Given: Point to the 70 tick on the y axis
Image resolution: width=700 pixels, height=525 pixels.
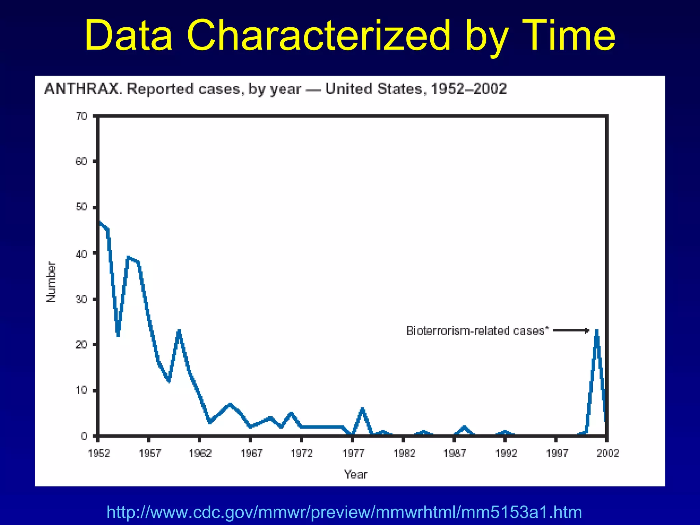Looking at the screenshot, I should point(82,116).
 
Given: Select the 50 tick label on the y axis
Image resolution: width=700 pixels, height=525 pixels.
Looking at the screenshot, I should point(82,207).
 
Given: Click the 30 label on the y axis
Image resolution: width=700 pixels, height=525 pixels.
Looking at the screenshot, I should point(82,299).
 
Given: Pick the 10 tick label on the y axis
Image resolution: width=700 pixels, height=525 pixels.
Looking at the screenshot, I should point(82,390).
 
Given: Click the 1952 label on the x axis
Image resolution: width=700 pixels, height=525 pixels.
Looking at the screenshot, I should point(99,453).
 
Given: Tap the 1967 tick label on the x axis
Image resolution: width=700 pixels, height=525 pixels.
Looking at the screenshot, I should point(251,453).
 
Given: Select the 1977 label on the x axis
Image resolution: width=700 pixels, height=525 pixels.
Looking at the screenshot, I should point(353,453).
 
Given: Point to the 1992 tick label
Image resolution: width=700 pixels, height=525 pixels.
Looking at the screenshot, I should point(506,453).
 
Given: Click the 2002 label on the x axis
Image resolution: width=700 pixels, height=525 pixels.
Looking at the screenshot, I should point(608,453).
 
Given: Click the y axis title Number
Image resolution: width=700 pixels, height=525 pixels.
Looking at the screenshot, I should point(51,282).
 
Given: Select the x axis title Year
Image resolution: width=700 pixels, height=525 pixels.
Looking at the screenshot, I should point(355,474).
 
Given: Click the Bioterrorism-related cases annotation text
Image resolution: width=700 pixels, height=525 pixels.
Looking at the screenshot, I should point(477,331).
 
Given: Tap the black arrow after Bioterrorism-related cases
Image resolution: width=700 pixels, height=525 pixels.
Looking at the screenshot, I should point(571,331).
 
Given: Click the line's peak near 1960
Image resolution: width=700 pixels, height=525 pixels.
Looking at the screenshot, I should point(179,332).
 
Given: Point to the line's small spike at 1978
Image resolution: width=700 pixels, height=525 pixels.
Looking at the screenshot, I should point(362,409).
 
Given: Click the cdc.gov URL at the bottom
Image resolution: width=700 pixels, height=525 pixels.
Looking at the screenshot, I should point(344,512).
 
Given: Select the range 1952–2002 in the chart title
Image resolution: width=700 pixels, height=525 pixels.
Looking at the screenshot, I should point(469,89).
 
